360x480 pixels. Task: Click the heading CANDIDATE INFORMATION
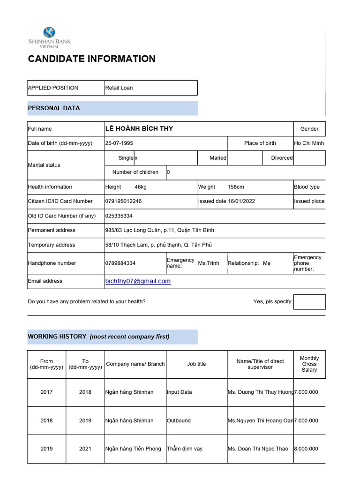(x=91, y=59)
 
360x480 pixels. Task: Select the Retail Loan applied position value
(x=119, y=88)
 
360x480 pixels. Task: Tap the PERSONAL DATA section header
(x=54, y=108)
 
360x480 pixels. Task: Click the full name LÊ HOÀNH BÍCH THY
(x=139, y=128)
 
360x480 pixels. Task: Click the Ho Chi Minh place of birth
(x=309, y=143)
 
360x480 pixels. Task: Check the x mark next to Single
(x=136, y=158)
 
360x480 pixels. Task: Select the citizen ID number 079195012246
(x=123, y=201)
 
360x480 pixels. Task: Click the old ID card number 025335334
(x=119, y=216)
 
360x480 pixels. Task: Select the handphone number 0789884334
(x=120, y=263)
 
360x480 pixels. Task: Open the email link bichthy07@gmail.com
(x=138, y=281)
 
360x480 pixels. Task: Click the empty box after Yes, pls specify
(x=309, y=301)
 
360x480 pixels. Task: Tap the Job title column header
(x=196, y=364)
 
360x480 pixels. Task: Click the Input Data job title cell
(x=180, y=392)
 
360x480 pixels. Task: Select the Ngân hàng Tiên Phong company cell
(x=133, y=449)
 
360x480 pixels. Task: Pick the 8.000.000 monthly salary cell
(x=306, y=449)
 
